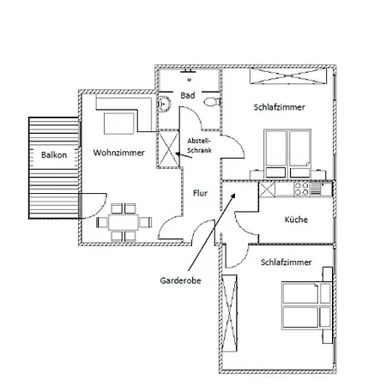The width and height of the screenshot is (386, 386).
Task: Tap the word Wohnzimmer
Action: click(x=118, y=153)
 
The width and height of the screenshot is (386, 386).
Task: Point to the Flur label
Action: click(x=199, y=193)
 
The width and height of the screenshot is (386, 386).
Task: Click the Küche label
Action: click(x=296, y=220)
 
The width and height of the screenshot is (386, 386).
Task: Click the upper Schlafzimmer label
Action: click(x=280, y=107)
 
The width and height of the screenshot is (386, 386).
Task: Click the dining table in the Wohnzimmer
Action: click(x=121, y=222)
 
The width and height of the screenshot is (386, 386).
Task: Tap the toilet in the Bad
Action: click(x=209, y=101)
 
